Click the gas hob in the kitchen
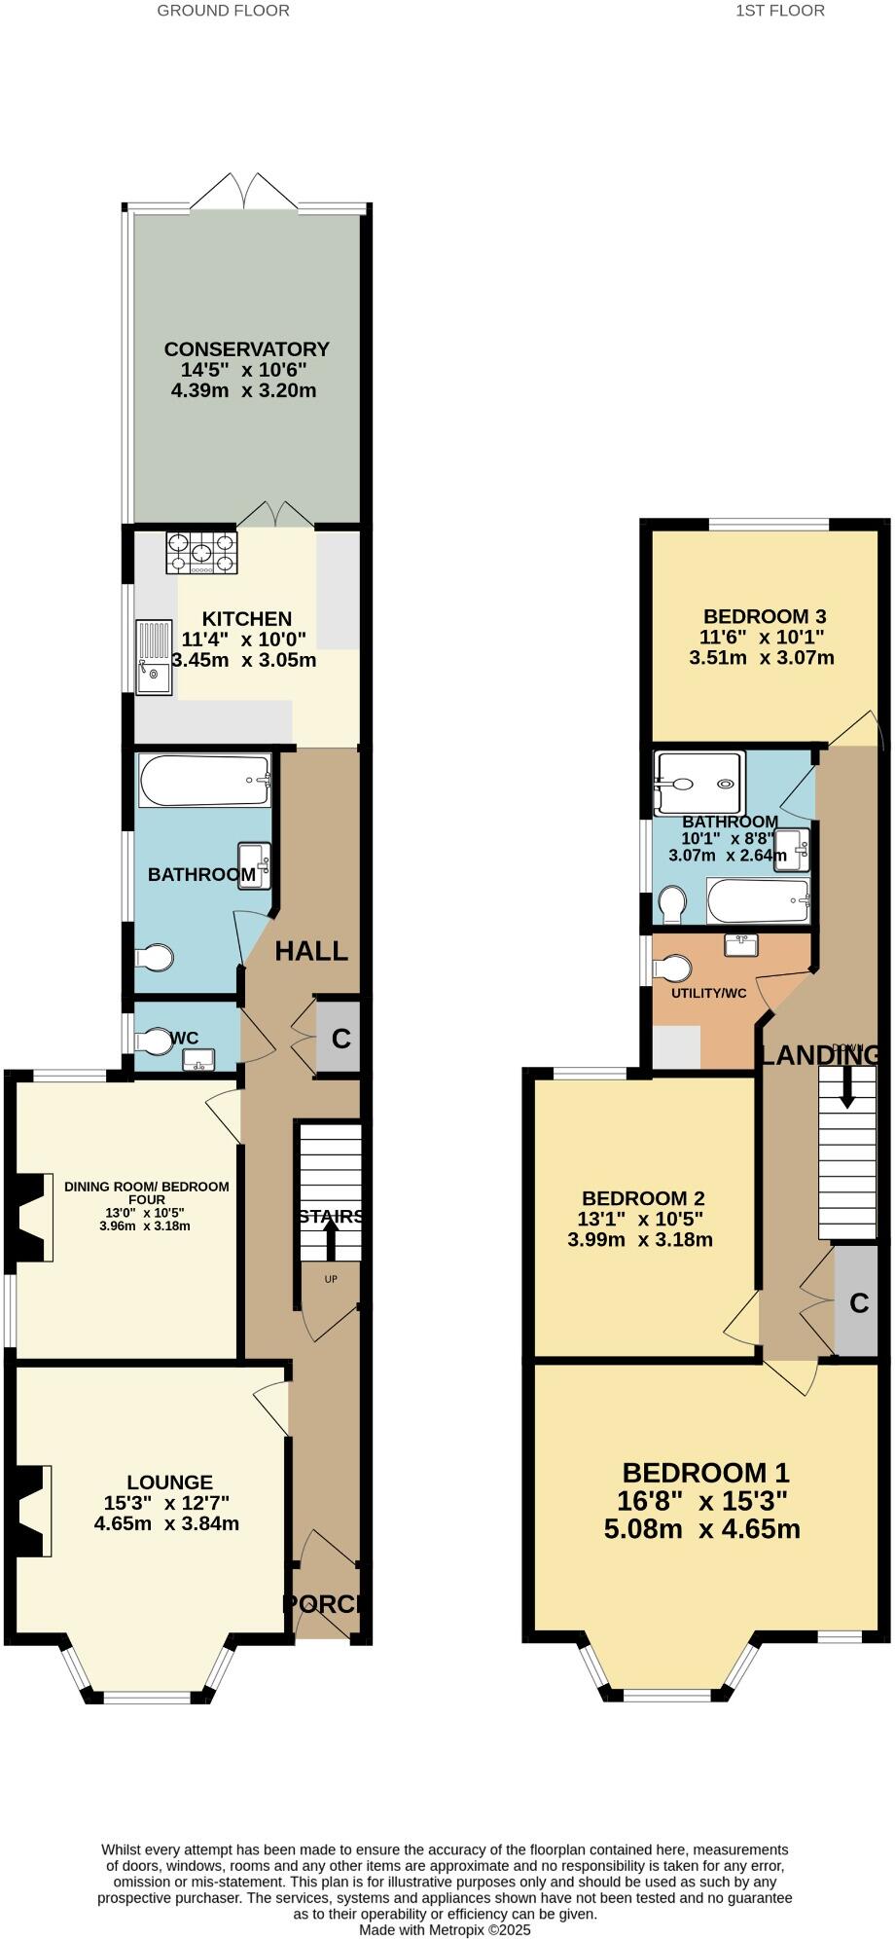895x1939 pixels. [x=201, y=553]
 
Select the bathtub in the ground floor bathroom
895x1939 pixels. [x=204, y=781]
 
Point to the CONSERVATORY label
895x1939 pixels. [x=246, y=348]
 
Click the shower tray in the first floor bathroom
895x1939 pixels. [x=699, y=783]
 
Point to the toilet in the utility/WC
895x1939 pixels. [x=672, y=968]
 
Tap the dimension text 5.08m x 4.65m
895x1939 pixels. [x=702, y=1528]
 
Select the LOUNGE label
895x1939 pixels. [x=169, y=1482]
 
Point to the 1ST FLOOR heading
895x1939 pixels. [x=779, y=11]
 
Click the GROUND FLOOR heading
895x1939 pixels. [x=223, y=11]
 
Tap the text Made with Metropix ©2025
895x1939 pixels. [x=446, y=1928]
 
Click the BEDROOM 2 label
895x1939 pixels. [x=643, y=1198]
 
